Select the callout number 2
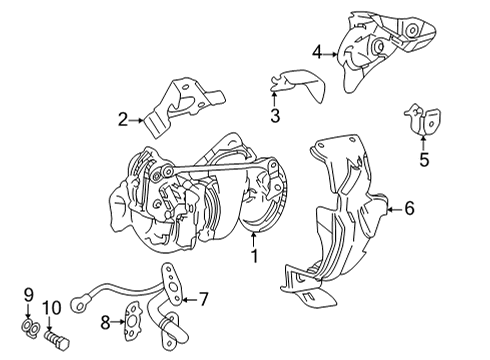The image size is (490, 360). [123, 121]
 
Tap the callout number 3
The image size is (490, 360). [274, 116]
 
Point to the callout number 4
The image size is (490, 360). [317, 52]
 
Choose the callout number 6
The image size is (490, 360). [410, 209]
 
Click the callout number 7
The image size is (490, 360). [203, 298]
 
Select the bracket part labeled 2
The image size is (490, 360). [180, 105]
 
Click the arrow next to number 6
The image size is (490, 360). [392, 209]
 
